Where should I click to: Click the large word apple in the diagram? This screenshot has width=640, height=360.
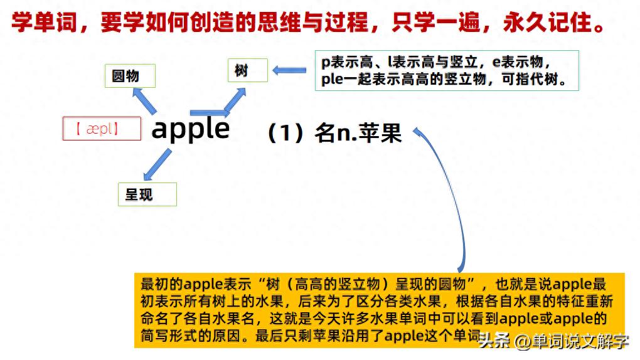191,129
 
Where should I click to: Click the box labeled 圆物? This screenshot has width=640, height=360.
129,76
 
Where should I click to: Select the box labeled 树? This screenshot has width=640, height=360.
247,71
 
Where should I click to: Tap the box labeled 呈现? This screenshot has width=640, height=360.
147,194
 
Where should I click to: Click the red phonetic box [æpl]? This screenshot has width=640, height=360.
102,129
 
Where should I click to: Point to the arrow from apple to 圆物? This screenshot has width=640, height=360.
144,99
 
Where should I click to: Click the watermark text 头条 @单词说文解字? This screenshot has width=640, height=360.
552,342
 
